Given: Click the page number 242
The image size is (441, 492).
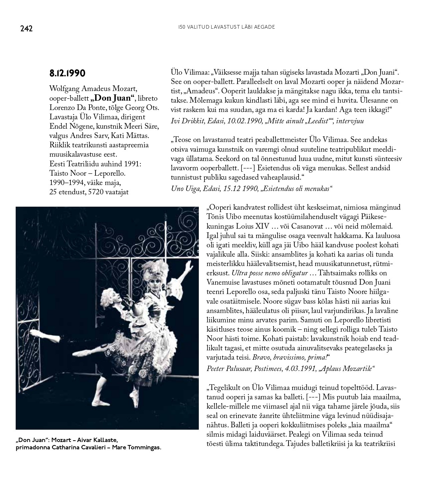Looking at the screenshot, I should click(x=26, y=29).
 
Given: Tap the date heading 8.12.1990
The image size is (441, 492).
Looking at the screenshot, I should click(x=67, y=73).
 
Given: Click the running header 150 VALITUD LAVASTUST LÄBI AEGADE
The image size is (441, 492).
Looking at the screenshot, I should click(x=227, y=27).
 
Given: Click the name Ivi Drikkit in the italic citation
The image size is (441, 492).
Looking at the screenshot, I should click(x=185, y=121).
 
